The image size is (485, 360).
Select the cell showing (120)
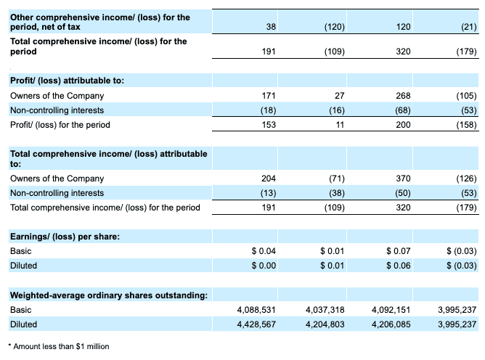[334, 27]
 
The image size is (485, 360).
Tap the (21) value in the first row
[467, 27]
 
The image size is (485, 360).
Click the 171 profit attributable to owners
[268, 96]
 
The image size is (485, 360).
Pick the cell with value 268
[403, 96]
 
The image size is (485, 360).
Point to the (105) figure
[465, 96]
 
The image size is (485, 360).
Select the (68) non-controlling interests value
[401, 110]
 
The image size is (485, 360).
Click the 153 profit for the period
[268, 125]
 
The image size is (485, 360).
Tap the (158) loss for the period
[465, 125]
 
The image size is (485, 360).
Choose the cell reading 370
[403, 179]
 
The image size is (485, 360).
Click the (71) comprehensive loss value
[335, 179]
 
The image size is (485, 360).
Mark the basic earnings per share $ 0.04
[263, 251]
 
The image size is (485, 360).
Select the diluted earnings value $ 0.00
[263, 266]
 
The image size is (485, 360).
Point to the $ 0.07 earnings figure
[398, 251]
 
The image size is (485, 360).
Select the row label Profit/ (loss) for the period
[60, 125]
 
